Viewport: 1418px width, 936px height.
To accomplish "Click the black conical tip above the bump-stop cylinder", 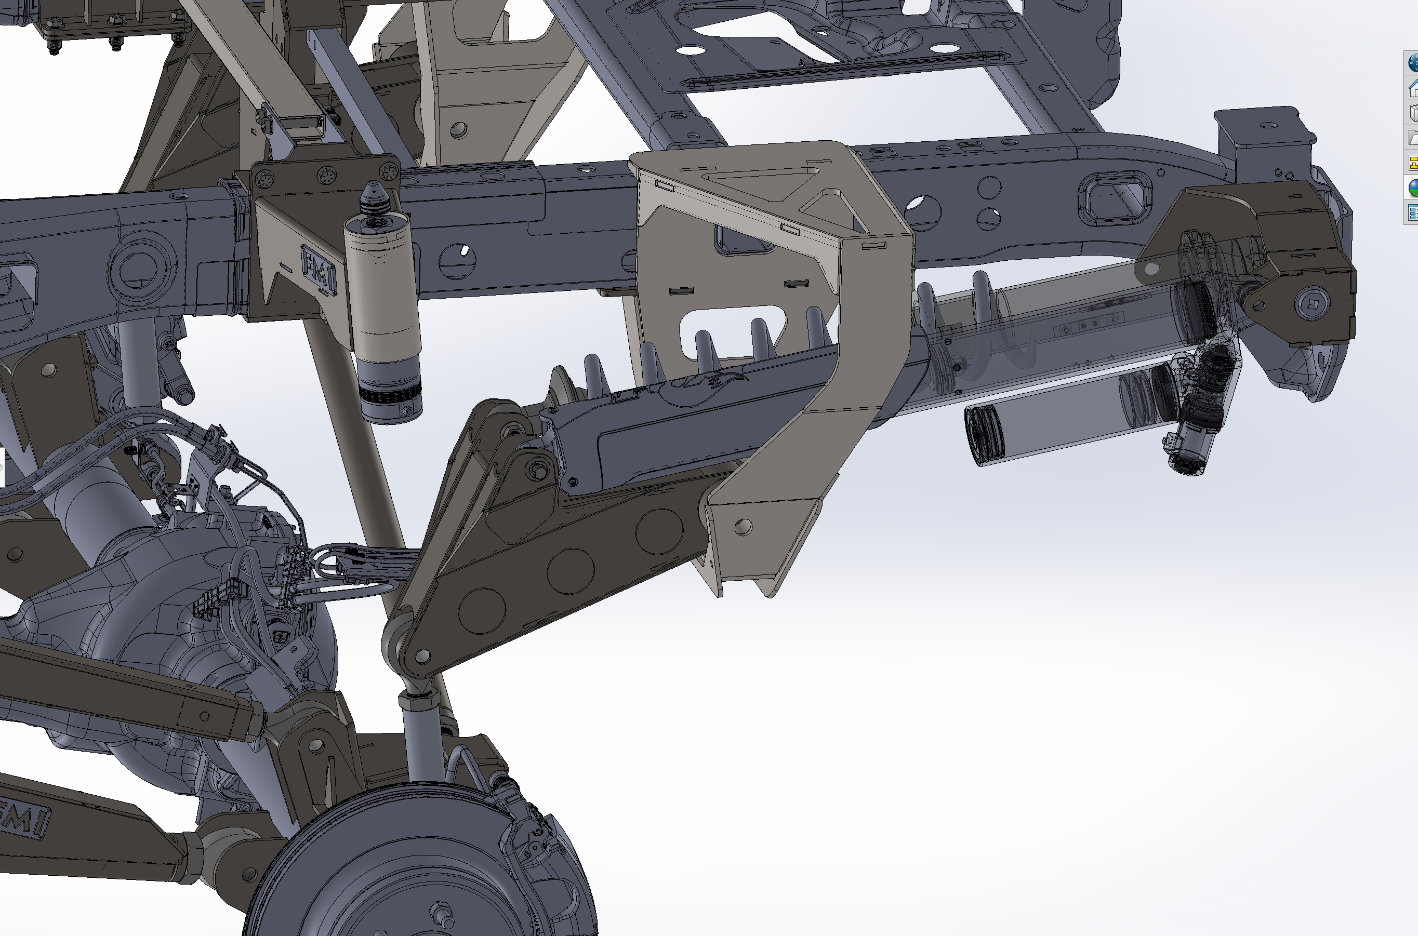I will pyautogui.click(x=373, y=196).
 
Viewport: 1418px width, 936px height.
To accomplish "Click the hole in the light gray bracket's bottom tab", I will pyautogui.click(x=744, y=527).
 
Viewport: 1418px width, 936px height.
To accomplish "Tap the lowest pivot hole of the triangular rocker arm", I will pyautogui.click(x=422, y=657).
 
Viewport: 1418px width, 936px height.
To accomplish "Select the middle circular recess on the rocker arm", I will pyautogui.click(x=570, y=572).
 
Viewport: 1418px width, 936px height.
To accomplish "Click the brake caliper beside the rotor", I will pyautogui.click(x=532, y=836).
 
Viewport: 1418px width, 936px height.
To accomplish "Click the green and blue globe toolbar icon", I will pyautogui.click(x=1413, y=188).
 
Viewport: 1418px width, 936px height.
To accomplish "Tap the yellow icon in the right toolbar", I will pyautogui.click(x=1413, y=163).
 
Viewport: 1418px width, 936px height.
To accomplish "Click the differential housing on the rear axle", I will pyautogui.click(x=149, y=603).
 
